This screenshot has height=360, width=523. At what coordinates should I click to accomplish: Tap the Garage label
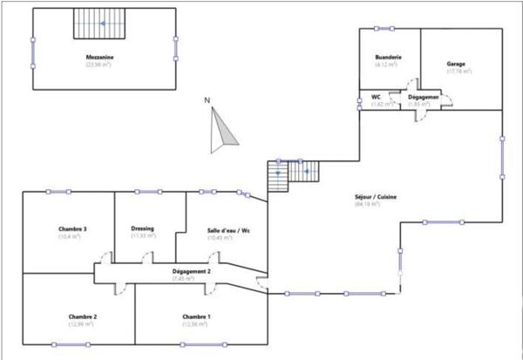pyautogui.click(x=456, y=65)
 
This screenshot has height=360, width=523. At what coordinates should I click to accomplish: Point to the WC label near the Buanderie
pyautogui.click(x=377, y=98)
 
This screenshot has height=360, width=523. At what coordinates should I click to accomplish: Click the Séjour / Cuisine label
pyautogui.click(x=377, y=197)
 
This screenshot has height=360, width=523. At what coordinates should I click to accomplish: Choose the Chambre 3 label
pyautogui.click(x=72, y=228)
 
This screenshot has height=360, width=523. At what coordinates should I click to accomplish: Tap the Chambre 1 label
pyautogui.click(x=196, y=316)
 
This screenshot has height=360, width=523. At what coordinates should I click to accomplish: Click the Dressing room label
pyautogui.click(x=142, y=228)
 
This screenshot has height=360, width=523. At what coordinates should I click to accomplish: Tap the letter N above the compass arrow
pyautogui.click(x=207, y=101)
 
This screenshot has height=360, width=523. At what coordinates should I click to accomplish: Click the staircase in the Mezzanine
pyautogui.click(x=99, y=24)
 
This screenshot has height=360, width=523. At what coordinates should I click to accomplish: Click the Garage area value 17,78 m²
pyautogui.click(x=458, y=72)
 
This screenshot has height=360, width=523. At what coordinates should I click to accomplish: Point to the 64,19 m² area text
pyautogui.click(x=367, y=205)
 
